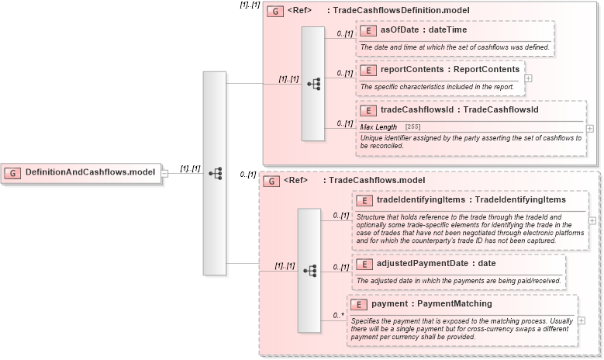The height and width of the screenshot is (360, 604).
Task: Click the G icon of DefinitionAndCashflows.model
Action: [x=14, y=171]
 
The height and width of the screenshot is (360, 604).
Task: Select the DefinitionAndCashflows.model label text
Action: [x=90, y=171]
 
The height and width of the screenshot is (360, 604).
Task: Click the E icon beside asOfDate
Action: [x=369, y=30]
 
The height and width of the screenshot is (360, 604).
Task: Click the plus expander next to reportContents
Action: [x=528, y=78]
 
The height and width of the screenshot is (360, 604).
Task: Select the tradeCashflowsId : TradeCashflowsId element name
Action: [x=459, y=110]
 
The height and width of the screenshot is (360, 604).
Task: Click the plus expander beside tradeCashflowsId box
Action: [x=590, y=128]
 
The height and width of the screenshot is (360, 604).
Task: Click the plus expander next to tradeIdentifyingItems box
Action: [x=592, y=220]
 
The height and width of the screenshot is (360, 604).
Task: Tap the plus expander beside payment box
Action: [x=582, y=320]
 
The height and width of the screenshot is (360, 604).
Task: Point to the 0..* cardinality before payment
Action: [x=338, y=315]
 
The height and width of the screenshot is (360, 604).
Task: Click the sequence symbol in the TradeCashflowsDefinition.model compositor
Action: [x=313, y=84]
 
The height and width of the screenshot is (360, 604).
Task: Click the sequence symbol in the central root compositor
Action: [x=215, y=173]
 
